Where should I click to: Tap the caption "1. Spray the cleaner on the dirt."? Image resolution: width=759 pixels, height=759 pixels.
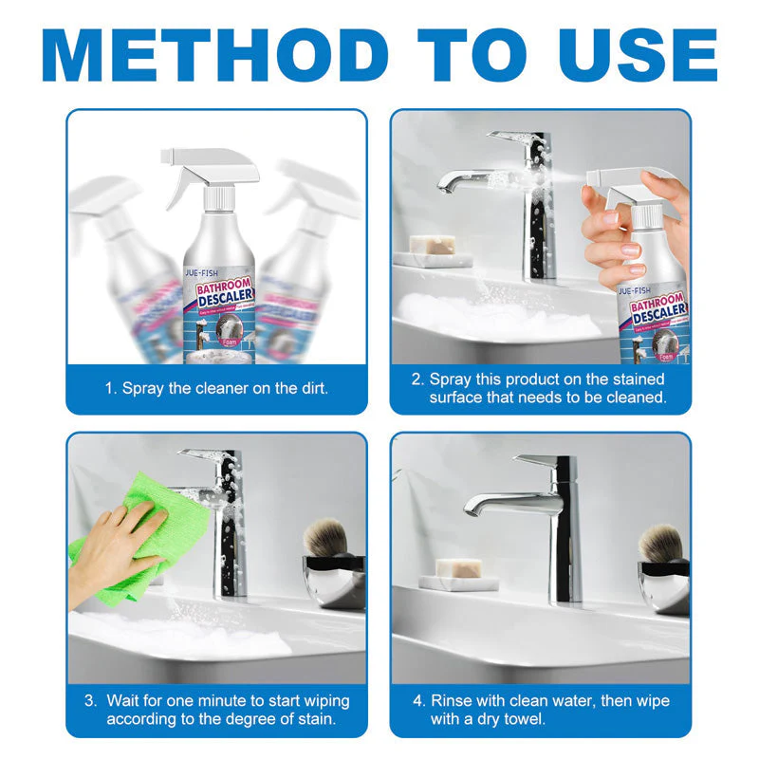216,389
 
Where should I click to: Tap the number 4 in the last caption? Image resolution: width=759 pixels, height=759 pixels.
418,701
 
